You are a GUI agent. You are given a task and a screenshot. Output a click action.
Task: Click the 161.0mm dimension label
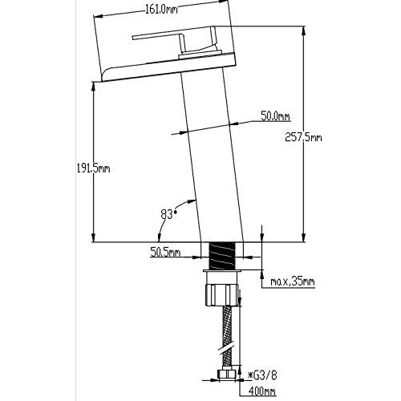(x=161, y=10)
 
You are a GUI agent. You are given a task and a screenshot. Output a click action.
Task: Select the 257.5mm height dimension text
(x=303, y=137)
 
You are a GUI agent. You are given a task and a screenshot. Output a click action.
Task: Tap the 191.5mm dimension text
(x=93, y=168)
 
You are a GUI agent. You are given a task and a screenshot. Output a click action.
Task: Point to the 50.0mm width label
(x=275, y=116)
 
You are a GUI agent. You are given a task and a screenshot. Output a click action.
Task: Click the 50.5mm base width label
(x=165, y=252)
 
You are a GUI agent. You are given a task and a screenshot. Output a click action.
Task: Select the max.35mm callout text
(x=293, y=282)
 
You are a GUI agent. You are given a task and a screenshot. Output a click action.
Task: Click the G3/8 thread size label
(x=261, y=375)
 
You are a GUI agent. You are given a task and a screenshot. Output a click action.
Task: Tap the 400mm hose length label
(x=262, y=391)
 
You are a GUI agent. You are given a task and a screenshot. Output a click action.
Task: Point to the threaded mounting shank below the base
(x=221, y=256)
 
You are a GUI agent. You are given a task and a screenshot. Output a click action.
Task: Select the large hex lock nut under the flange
(x=221, y=295)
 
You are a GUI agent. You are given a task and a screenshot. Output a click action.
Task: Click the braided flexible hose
(x=227, y=338)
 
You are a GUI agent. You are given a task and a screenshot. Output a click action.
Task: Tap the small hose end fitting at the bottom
(x=227, y=374)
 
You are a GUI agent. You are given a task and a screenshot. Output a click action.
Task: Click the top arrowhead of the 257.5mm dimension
(x=303, y=30)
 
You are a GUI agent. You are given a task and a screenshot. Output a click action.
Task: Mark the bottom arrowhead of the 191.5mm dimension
(x=93, y=237)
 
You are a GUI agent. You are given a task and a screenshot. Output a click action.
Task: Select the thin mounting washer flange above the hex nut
(x=221, y=271)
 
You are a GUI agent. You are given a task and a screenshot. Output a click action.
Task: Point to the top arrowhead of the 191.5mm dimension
(x=93, y=87)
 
